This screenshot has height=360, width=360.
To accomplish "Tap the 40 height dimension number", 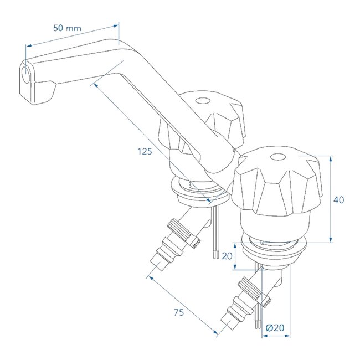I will [x=338, y=200].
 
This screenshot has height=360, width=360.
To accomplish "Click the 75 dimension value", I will [x=178, y=313].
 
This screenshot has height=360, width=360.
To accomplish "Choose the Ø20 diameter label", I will [x=275, y=328].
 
